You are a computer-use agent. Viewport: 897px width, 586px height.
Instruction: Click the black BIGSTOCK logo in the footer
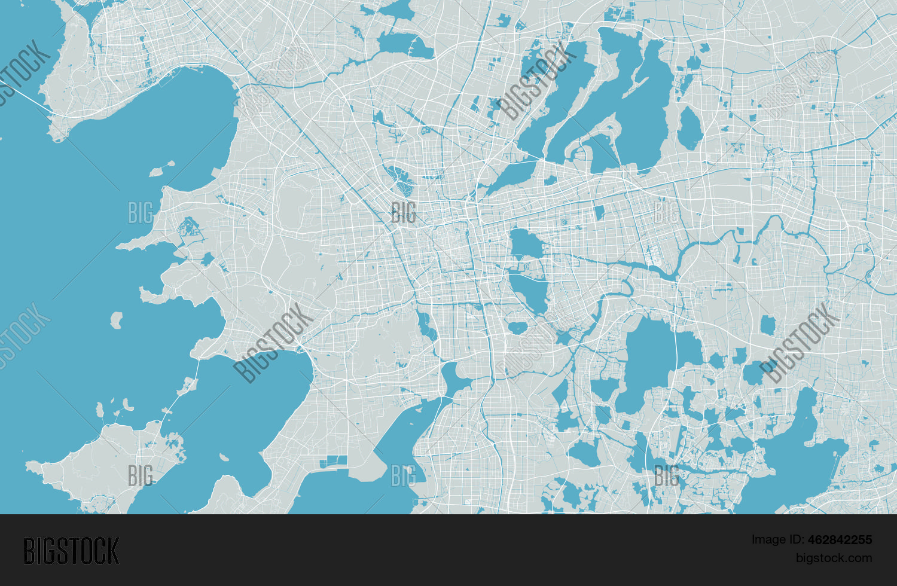71,551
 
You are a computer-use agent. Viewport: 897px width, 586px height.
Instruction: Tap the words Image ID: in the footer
777,539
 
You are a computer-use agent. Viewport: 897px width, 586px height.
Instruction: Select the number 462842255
840,539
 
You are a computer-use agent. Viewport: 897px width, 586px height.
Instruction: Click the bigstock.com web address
834,558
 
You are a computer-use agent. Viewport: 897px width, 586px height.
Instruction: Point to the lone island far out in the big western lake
116,320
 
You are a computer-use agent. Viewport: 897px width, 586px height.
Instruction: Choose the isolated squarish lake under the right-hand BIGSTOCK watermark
768,325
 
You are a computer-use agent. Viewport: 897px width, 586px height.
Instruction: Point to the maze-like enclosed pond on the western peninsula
190,227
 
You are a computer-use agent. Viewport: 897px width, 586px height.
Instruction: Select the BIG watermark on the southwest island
140,475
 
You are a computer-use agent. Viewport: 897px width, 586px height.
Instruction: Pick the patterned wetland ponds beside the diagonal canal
399,180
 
